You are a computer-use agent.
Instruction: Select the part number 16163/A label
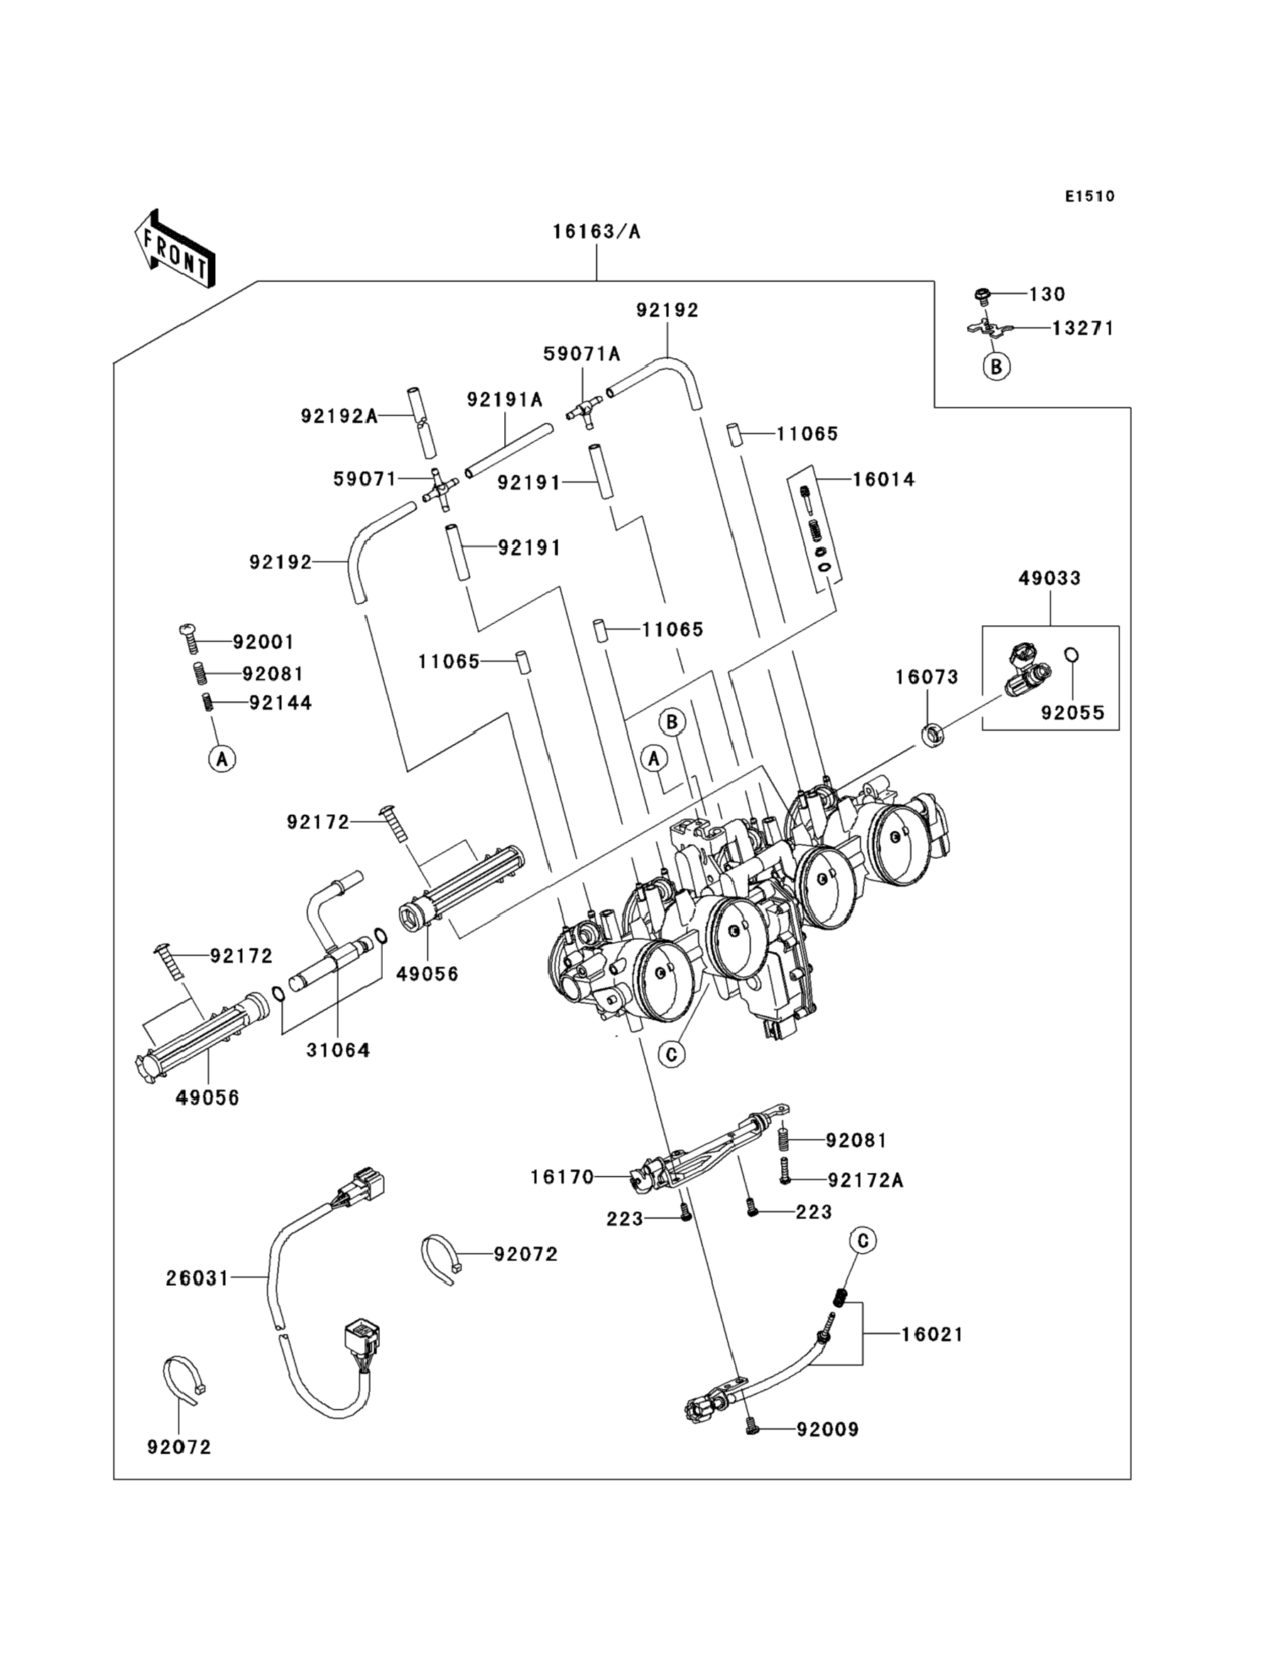coord(596,232)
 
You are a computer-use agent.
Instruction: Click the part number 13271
coord(1083,329)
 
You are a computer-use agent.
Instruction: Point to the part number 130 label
coord(1047,294)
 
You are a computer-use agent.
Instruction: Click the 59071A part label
coord(581,354)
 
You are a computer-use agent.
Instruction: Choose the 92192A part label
coord(339,416)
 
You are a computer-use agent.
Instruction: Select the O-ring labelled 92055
coord(1072,655)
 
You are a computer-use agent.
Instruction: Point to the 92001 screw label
coord(263,642)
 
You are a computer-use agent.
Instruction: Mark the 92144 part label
coord(280,703)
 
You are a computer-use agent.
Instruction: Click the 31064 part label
coord(338,1050)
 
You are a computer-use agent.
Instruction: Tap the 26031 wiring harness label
coord(197,1278)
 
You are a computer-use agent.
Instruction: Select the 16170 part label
coord(562,1178)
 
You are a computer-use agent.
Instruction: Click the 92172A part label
coord(866,1181)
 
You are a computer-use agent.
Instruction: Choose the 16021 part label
coord(932,1335)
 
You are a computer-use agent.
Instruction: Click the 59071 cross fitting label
coord(364,479)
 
